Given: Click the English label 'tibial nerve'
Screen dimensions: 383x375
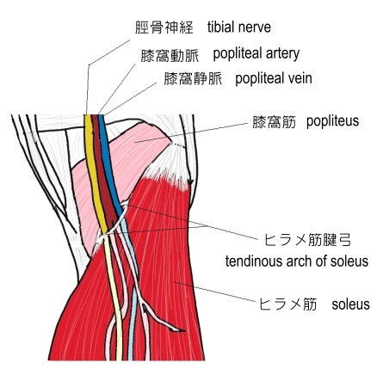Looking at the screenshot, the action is [239, 28].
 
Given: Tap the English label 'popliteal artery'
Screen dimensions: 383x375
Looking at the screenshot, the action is [256, 54].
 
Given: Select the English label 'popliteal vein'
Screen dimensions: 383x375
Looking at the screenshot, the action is [274, 78].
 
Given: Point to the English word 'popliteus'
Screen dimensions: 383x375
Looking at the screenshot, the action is [332, 121].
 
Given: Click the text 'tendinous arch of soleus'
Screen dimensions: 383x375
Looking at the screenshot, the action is [297, 261].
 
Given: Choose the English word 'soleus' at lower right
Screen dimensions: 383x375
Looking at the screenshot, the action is [350, 304].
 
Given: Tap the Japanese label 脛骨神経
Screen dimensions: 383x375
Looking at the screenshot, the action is [164, 28].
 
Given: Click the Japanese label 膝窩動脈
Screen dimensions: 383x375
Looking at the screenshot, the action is [170, 56].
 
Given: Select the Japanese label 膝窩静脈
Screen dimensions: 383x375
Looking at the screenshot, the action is [193, 78].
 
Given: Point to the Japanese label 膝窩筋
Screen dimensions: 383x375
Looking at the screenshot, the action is [274, 122].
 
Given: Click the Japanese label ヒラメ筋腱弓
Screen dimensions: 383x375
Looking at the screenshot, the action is [307, 240].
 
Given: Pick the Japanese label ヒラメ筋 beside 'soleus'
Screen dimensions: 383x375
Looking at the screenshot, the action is [288, 304].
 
